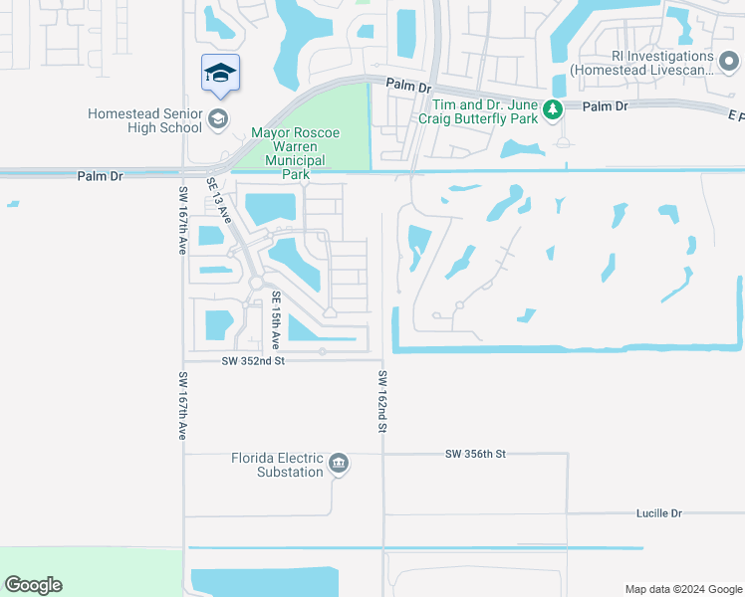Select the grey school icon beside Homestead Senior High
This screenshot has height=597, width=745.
[217, 120]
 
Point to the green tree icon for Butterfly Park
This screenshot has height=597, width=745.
[553, 111]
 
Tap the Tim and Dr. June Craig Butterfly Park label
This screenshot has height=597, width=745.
[485, 111]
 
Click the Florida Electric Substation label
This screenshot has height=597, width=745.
[278, 465]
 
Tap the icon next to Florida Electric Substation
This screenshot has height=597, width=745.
[339, 463]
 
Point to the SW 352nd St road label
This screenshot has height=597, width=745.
[253, 361]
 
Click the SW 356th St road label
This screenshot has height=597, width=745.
[476, 454]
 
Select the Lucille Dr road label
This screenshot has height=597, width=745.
[658, 513]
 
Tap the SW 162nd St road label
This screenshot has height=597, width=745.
[381, 402]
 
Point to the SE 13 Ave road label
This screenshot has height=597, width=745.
[219, 200]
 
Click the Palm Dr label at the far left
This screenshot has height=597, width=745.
[100, 176]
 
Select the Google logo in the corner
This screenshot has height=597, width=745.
[33, 585]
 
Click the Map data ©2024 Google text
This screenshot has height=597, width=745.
[682, 589]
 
